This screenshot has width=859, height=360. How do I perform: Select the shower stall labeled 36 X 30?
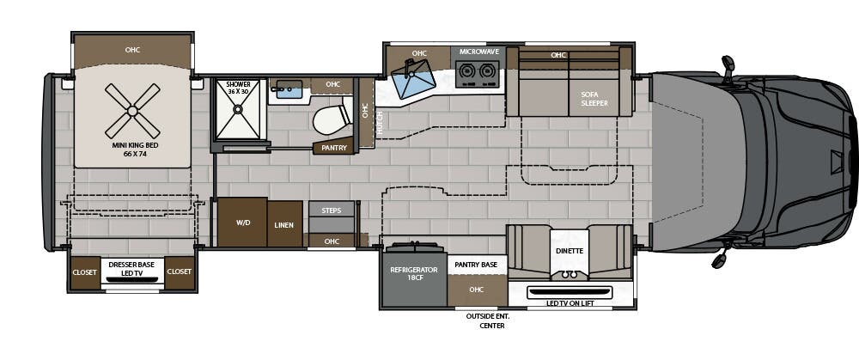coord(238,110)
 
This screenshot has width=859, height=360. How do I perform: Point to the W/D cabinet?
coord(241,223)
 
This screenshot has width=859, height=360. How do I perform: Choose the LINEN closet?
coord(284,224)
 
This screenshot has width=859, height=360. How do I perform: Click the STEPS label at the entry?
coord(332,210)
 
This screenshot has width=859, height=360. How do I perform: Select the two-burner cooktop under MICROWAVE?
coord(478,76)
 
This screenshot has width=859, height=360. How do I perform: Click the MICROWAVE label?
coord(478,52)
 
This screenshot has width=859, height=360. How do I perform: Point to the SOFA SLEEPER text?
coord(594,99)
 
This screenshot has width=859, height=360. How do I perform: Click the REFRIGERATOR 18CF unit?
coord(414,274)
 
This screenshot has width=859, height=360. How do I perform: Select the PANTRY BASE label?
coord(476,265)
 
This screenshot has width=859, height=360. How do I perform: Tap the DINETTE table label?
coord(569,251)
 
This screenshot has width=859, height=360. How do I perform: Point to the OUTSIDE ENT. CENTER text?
coord(487,321)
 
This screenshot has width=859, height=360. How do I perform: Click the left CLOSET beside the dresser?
coord(85,272)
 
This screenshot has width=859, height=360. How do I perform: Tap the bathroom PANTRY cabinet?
coord(332,148)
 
